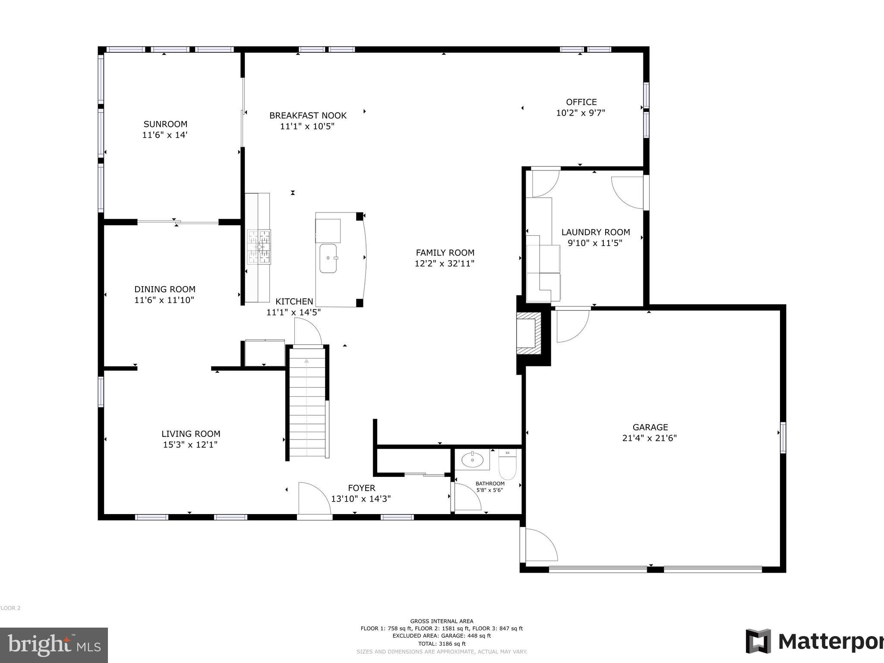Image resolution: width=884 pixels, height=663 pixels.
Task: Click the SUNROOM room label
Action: [165, 124]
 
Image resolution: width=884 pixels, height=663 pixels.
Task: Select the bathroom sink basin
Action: [472, 461]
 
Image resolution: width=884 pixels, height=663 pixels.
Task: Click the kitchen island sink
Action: [328, 258]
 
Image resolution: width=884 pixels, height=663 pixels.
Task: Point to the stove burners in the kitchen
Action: [259, 247]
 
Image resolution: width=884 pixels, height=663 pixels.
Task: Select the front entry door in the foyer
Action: [314, 499]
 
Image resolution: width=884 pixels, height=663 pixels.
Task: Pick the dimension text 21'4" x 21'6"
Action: [650, 438]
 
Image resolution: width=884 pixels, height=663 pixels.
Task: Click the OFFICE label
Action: [581, 102]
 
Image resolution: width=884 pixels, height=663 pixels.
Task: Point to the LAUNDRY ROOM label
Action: [595, 232]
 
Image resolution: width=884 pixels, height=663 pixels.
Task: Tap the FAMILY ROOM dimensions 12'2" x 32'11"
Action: [445, 264]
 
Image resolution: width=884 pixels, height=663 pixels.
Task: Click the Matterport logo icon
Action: [758, 641]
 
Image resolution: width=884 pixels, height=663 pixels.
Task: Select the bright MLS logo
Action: [54, 645]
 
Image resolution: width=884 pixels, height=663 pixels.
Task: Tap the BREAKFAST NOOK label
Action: [308, 116]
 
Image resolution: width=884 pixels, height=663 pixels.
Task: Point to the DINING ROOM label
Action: [164, 289]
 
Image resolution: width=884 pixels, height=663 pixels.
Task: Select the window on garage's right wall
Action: [783, 438]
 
